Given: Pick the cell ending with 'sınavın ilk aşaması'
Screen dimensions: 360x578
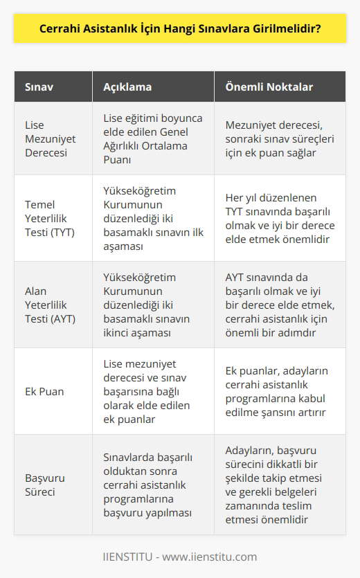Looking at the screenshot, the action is tap(151, 218).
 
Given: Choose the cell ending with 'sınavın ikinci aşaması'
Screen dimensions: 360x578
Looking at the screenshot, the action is tap(151, 305).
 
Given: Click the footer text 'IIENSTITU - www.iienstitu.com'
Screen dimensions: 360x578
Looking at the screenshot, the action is tap(180, 556).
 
